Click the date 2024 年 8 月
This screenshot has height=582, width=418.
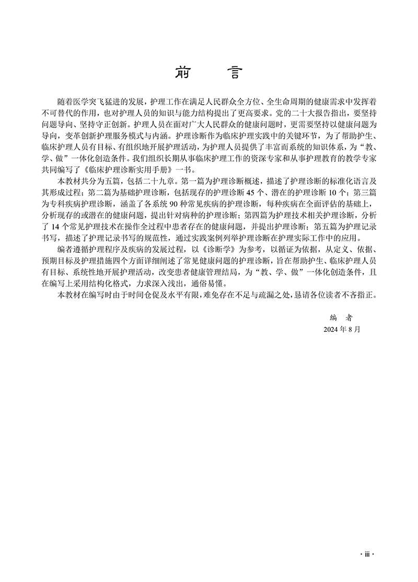click(x=343, y=330)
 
